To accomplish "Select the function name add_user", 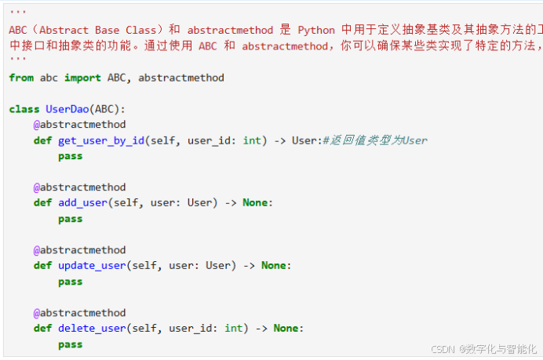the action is (x=82, y=203).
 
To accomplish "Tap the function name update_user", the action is (x=92, y=266).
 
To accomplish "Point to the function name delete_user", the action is (x=92, y=329).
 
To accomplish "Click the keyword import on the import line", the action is (x=82, y=78).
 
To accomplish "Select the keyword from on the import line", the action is (x=21, y=78).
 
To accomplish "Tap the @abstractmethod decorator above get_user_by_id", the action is (x=79, y=125).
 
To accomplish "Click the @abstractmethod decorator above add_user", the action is (x=79, y=187).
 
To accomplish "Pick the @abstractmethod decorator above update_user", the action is (x=79, y=250).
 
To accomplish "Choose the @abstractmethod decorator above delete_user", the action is (x=79, y=313).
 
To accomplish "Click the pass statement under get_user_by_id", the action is (x=70, y=156).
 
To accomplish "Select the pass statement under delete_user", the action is (x=70, y=344).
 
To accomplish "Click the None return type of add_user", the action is (x=255, y=203).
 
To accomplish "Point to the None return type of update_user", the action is (x=274, y=266).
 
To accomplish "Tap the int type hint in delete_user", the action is (x=233, y=329).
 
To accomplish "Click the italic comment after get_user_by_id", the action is (x=375, y=140).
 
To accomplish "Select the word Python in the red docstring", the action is (x=316, y=30).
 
